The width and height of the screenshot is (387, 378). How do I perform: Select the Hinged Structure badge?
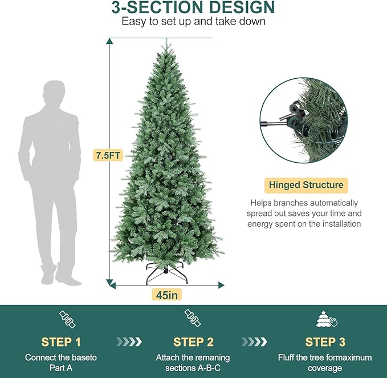point(306,185)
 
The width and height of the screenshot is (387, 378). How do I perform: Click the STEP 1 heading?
point(61,342)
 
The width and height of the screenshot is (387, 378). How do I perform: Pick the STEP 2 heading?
point(193,342)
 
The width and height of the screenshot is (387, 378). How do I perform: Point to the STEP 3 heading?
point(325,342)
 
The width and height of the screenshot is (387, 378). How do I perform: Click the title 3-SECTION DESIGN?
point(193,8)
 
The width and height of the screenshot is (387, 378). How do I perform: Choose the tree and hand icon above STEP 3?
point(325,319)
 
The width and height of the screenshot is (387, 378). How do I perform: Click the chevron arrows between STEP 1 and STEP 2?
point(129,341)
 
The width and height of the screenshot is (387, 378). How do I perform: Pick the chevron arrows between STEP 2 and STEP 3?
point(255,341)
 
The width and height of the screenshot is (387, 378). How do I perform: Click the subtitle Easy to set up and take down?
point(193,22)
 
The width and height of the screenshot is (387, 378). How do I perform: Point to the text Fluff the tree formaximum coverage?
point(325,363)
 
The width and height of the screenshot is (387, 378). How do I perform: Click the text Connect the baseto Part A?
point(61,363)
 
